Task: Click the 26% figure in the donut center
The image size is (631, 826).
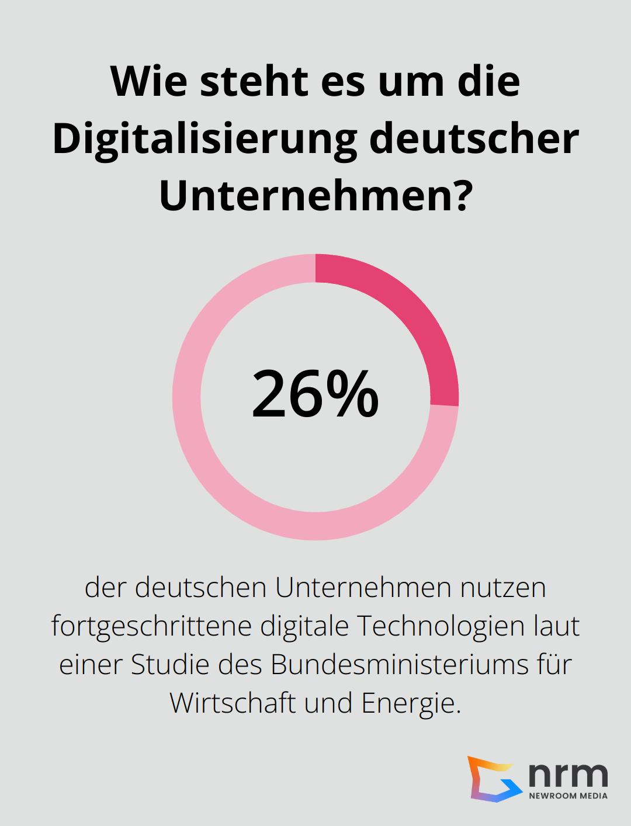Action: tap(315, 394)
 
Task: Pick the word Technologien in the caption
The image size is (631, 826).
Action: tap(441, 626)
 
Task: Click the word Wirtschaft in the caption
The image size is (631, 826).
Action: tap(232, 703)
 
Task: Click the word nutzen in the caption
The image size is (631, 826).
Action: tap(503, 587)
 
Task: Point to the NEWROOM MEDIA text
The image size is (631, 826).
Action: tap(568, 796)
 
